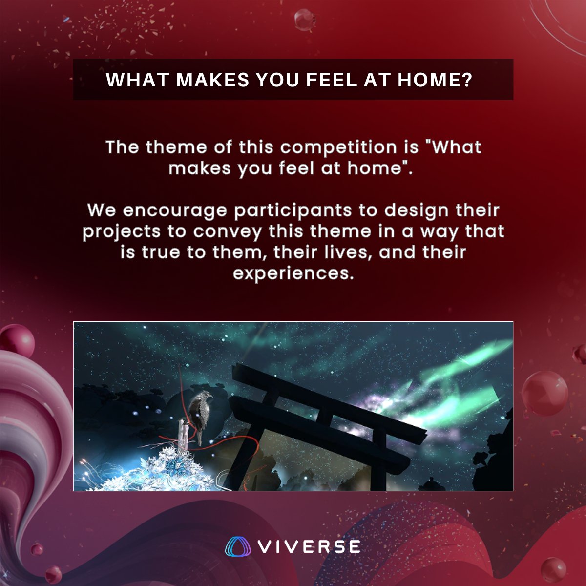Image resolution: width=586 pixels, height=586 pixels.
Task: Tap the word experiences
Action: pos(293,273)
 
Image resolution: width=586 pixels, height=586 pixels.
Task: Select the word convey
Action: pos(227,231)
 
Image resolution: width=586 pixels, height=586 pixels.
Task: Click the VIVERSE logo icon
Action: pos(238,546)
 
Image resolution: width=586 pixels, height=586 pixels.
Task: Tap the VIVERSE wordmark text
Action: pos(309,546)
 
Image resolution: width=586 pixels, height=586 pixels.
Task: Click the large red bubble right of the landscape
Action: pos(544,393)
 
